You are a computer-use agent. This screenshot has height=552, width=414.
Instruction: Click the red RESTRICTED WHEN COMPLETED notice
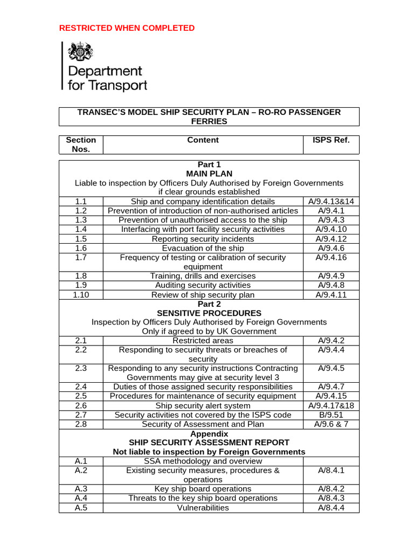[x=127, y=28]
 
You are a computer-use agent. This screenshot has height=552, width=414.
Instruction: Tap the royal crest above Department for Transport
[x=79, y=53]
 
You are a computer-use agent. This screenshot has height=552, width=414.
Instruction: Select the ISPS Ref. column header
[x=331, y=140]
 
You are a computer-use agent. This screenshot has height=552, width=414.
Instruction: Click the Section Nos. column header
[x=81, y=144]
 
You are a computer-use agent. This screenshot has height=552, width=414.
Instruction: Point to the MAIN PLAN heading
[x=209, y=174]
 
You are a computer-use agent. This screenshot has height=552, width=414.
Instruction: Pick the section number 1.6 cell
[x=81, y=249]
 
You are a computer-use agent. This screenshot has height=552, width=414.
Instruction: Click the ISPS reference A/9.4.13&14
[x=331, y=202]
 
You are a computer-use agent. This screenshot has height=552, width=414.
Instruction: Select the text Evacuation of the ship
[x=203, y=249]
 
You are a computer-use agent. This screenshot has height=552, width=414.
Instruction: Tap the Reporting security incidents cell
[x=203, y=239]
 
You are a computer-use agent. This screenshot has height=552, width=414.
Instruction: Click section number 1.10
[x=81, y=295]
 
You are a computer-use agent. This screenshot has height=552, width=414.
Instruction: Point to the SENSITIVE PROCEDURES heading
[x=209, y=313]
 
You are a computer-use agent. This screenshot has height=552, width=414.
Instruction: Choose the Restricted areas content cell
[x=203, y=341]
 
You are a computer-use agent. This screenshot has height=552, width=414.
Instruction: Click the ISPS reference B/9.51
[x=331, y=415]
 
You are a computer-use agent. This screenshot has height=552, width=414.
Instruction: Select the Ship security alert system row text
[x=203, y=405]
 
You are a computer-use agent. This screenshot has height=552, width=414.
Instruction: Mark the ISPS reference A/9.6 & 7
[x=331, y=424]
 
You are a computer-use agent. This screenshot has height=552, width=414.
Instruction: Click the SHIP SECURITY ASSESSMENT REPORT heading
[x=209, y=443]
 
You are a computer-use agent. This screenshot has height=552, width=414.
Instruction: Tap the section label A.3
[x=81, y=489]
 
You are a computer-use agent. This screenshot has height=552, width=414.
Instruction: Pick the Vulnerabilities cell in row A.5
[x=203, y=508]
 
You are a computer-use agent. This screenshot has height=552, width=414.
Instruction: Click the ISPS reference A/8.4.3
[x=331, y=498]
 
